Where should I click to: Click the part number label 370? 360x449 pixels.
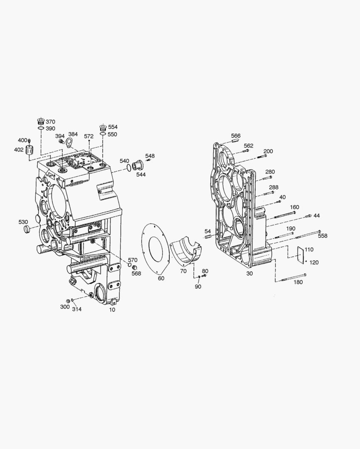pos(50,122)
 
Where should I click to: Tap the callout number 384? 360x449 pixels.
pos(73,134)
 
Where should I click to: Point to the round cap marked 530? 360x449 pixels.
pos(26,229)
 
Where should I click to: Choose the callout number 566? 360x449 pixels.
pos(236,136)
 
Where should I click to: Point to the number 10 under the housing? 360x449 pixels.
pos(112,310)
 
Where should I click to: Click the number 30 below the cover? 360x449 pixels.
pos(249,273)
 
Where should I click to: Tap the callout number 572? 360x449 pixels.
pos(89,136)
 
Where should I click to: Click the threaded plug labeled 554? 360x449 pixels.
pos(102,128)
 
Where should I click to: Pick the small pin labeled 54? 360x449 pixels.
pos(208,237)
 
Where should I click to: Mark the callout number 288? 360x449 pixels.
pos(273,187)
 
